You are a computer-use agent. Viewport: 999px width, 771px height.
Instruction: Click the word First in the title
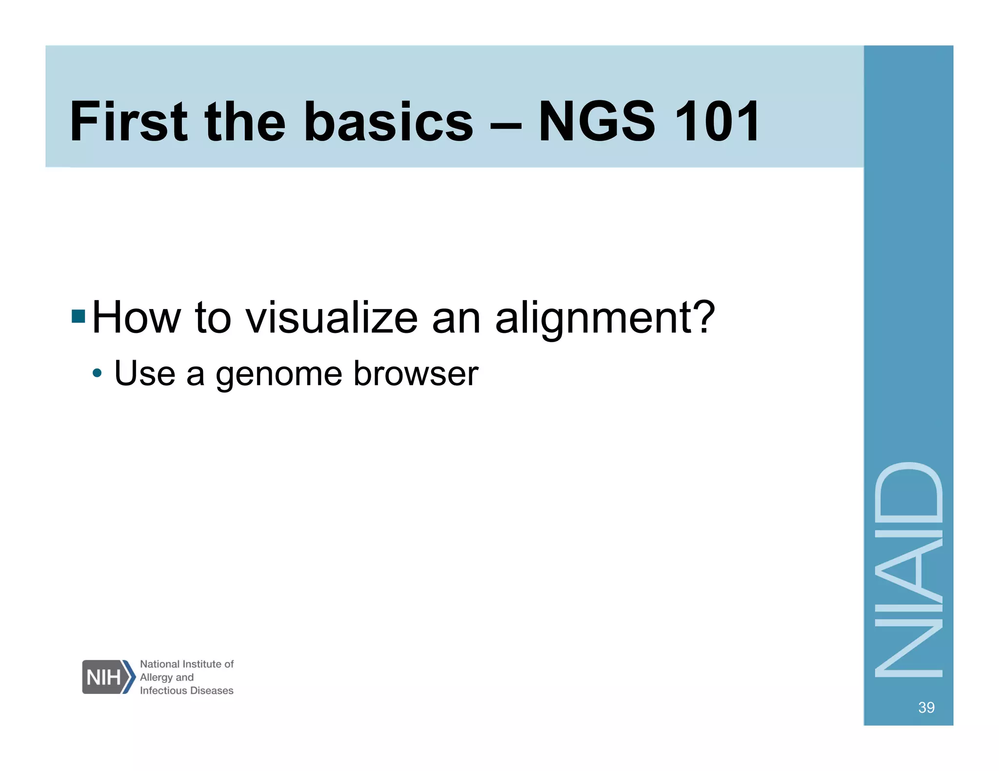[128, 121]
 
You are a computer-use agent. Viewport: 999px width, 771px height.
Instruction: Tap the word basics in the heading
[388, 121]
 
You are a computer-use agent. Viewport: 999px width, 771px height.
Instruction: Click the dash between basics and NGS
[506, 124]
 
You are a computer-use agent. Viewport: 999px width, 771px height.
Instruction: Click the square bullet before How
[78, 316]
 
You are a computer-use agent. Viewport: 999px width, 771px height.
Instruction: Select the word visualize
[332, 318]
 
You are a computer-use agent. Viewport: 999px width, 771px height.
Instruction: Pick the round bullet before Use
[98, 374]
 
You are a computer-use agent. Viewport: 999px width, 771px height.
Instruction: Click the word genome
[279, 374]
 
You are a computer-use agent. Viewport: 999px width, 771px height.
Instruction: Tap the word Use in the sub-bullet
[144, 373]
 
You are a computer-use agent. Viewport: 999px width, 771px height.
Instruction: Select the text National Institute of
[187, 664]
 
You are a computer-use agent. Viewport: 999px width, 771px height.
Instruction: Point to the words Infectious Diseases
[186, 691]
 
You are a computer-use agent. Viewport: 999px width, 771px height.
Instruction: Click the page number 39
[926, 707]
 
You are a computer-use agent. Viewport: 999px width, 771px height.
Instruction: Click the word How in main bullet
[136, 318]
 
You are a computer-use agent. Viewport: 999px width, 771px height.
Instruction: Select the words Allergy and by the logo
[166, 677]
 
